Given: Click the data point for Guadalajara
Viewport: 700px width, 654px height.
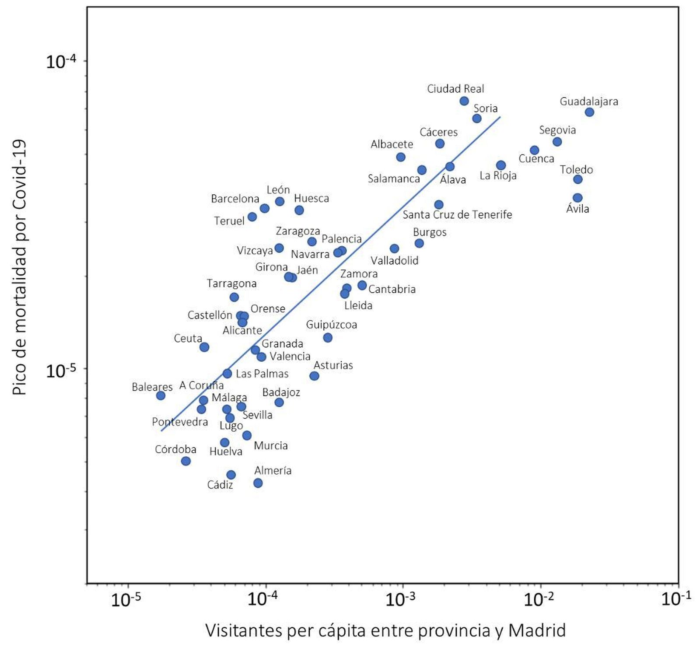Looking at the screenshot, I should [589, 112].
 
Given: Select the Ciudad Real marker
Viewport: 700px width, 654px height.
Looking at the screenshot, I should [464, 101].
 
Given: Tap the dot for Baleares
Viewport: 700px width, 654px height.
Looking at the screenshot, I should [161, 395].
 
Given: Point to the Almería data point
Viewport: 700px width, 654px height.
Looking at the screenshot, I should [258, 483].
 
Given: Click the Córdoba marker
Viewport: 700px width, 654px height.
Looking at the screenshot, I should [186, 461].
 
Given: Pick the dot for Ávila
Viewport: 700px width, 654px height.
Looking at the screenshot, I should [577, 198].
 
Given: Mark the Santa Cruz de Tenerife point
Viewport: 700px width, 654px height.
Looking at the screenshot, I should [439, 205].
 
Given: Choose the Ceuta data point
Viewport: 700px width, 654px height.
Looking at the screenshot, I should [204, 347].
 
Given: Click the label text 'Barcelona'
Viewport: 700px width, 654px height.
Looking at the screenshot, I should [235, 199].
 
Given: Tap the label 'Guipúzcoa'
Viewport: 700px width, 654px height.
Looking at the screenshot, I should [331, 325].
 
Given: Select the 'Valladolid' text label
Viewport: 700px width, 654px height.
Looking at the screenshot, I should [395, 261].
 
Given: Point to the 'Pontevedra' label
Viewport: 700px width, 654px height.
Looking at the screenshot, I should [180, 422].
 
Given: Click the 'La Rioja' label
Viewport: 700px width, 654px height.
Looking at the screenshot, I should [498, 176].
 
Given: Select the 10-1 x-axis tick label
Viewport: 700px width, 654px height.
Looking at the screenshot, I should [676, 599].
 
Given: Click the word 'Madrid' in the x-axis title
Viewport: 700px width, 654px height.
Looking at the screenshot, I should [537, 631].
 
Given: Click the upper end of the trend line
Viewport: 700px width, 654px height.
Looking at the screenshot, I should [500, 117].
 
